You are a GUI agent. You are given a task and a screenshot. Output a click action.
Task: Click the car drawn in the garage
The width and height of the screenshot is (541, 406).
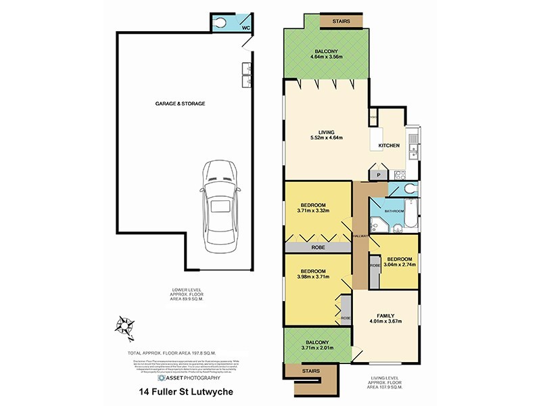[218, 205]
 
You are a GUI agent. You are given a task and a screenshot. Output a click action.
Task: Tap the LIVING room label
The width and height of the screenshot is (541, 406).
[327, 132]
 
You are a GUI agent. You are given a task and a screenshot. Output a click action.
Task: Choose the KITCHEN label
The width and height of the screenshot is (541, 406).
[389, 145]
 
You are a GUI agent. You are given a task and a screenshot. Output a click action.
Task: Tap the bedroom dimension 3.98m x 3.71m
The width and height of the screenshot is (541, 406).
[313, 276]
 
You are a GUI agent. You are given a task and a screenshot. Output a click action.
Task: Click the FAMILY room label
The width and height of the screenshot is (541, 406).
[385, 316]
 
